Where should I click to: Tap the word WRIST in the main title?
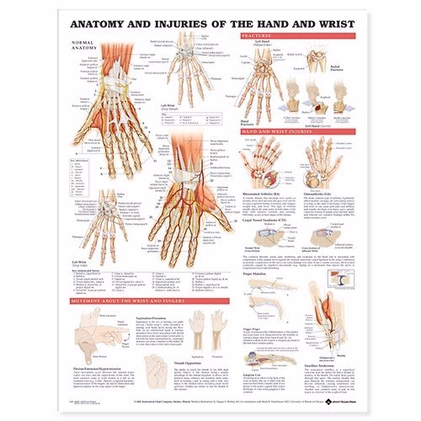pos(335,24)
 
